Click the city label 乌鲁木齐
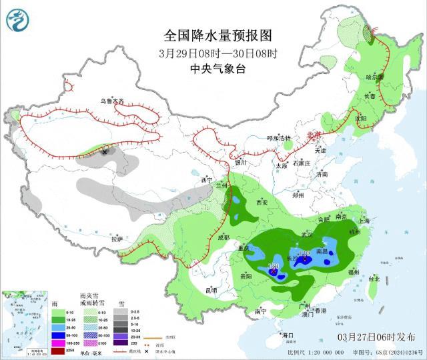[112, 101]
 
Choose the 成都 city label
[222, 237]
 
